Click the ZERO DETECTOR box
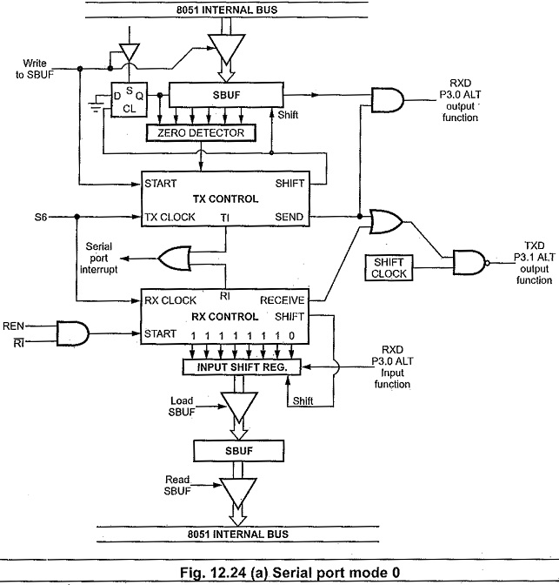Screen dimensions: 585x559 pyautogui.click(x=202, y=133)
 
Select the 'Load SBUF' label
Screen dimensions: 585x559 pyautogui.click(x=186, y=406)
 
